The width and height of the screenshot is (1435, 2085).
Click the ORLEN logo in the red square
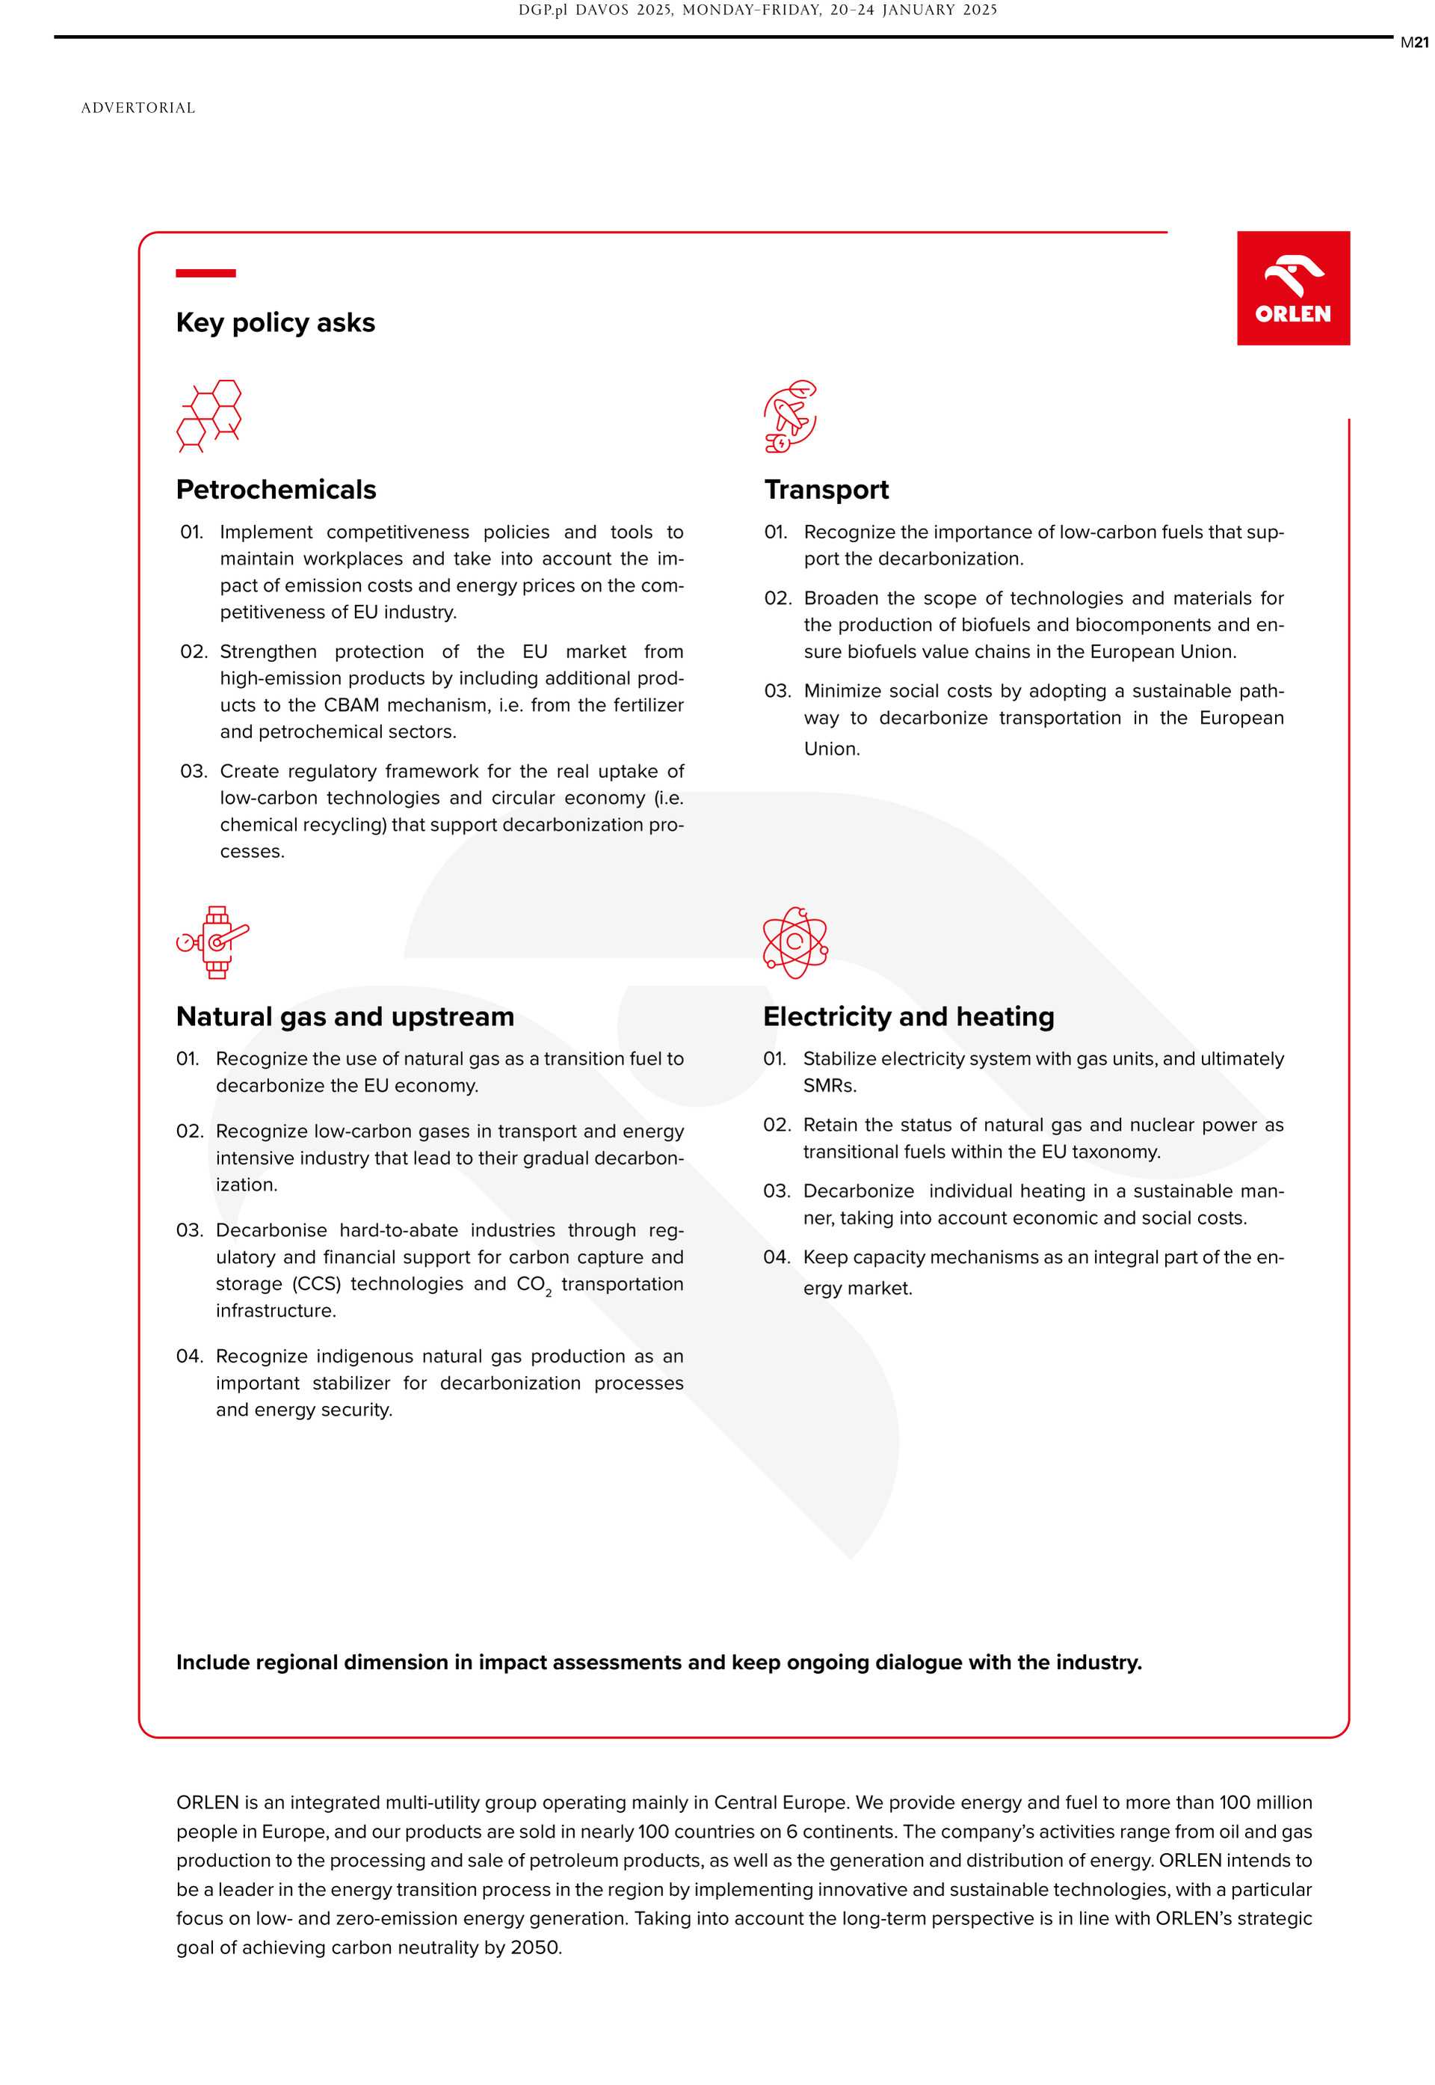1293,288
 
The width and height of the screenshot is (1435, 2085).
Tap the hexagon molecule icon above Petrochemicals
209,416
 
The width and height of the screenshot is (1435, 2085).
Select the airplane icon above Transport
790,416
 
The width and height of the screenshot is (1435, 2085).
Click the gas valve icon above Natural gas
212,942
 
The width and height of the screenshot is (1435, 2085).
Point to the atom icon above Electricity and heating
794,942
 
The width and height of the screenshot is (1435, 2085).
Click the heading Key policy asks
275,323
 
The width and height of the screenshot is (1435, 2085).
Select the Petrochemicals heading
276,489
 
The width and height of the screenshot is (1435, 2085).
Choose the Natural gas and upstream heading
345,1016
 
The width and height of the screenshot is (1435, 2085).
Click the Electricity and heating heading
908,1016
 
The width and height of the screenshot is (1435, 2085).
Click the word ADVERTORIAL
138,108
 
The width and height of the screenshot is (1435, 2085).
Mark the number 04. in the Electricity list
776,1257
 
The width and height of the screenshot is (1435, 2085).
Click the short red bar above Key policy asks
206,272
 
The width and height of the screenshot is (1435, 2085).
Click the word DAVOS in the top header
602,10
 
